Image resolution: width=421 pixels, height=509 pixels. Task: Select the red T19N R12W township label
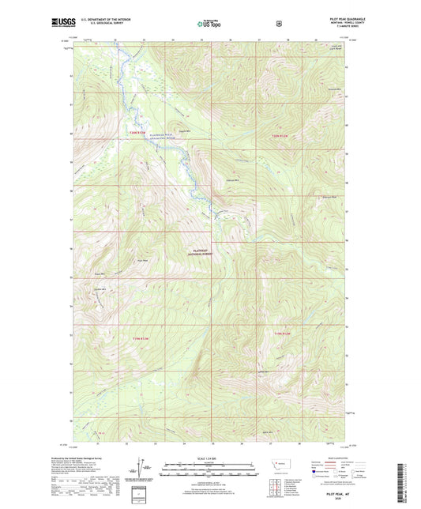click(x=283, y=335)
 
